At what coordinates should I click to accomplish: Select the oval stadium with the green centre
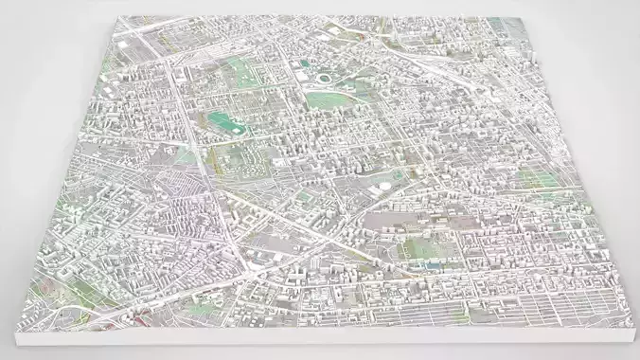pos(327,77)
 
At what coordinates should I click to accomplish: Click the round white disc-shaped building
pos(381,189)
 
